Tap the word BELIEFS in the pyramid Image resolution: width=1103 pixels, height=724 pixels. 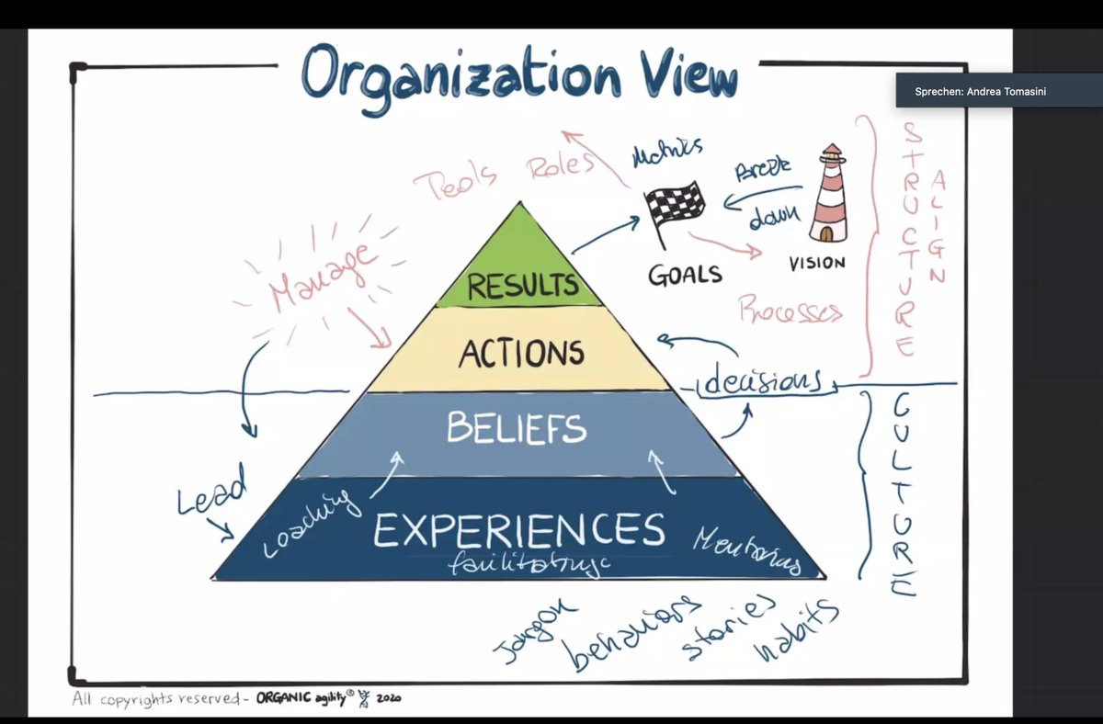[x=516, y=428]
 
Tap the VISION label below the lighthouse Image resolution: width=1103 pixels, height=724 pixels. [x=816, y=263]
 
